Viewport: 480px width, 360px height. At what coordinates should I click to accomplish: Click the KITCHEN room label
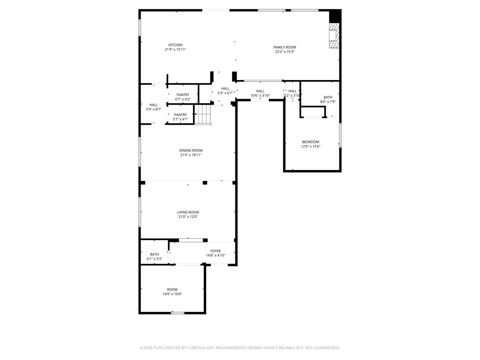click(x=175, y=45)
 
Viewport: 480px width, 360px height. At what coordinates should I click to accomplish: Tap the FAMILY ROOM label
click(x=285, y=47)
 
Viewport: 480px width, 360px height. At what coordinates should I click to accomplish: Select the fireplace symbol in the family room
click(x=334, y=35)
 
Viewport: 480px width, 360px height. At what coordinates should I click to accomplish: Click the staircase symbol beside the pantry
click(x=203, y=114)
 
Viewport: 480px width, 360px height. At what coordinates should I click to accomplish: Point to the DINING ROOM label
click(x=191, y=150)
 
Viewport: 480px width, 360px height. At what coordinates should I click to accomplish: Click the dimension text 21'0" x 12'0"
click(x=188, y=217)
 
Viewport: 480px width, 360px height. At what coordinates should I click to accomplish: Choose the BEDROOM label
click(x=310, y=142)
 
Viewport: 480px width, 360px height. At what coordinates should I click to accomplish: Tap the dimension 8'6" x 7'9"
click(x=328, y=102)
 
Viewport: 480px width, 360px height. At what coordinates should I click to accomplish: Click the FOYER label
click(x=215, y=251)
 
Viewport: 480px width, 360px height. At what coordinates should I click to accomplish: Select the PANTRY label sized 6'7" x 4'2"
click(x=183, y=95)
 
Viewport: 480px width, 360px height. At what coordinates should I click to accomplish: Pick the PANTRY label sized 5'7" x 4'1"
click(x=180, y=115)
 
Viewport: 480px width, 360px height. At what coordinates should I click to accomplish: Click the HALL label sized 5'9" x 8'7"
click(x=154, y=105)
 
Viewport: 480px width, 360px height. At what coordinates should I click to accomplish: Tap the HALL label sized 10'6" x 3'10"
click(x=260, y=91)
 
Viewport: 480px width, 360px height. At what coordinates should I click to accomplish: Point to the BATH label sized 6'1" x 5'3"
click(x=154, y=254)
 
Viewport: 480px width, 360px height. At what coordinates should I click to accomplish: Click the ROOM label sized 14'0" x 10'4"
click(x=172, y=289)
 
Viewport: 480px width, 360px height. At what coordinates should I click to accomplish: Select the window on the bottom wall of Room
click(x=177, y=313)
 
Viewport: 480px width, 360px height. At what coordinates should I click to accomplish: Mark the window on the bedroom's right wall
click(x=340, y=135)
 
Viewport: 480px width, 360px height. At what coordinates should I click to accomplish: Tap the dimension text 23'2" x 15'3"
click(x=285, y=52)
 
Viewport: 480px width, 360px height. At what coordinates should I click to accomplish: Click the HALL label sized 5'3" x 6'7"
click(x=225, y=89)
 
